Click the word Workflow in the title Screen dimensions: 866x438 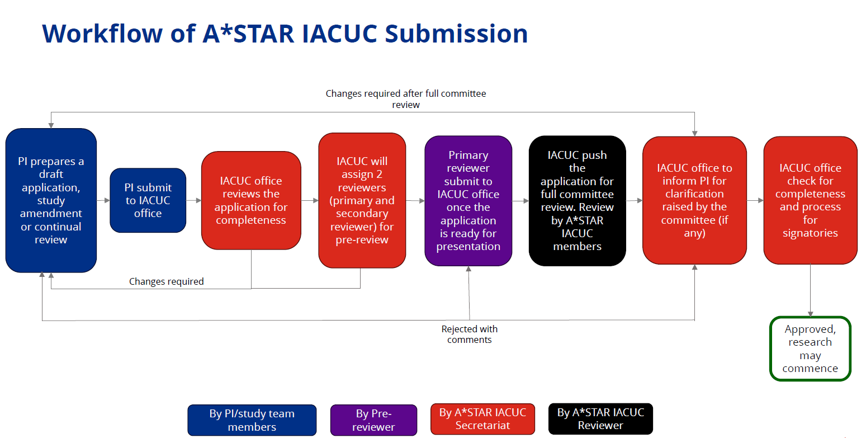(102, 34)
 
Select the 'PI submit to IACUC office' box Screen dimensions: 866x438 (148, 200)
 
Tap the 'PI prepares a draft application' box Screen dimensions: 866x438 (51, 200)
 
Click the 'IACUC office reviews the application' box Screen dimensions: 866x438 (251, 200)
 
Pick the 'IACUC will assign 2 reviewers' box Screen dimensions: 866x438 (362, 200)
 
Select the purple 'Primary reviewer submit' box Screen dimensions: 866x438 (469, 201)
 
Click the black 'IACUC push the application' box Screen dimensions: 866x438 (577, 201)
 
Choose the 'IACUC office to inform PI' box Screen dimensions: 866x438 (695, 200)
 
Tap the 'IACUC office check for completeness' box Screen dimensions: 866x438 (810, 200)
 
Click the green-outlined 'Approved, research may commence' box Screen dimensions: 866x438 (810, 348)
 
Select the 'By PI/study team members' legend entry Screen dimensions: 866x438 (252, 420)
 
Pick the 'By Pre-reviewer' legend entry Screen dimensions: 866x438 (374, 420)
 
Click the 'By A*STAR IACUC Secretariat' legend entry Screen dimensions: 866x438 (483, 419)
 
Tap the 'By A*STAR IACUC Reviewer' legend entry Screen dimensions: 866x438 (601, 419)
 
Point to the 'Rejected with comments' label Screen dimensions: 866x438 (470, 335)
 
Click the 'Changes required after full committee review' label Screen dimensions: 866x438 (406, 99)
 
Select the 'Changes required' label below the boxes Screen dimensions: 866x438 (166, 281)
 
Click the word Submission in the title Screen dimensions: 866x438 (456, 34)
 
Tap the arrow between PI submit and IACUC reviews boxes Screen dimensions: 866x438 (194, 200)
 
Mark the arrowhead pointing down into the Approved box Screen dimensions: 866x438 (810, 314)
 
